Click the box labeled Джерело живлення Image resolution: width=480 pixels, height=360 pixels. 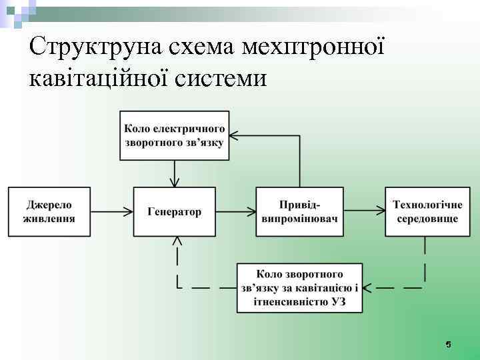click(x=49, y=211)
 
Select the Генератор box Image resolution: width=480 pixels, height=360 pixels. click(x=174, y=211)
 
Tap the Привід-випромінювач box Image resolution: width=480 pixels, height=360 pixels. click(x=299, y=211)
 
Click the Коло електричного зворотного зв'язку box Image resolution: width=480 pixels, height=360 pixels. click(x=175, y=136)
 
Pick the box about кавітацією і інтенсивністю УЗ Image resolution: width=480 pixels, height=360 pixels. click(x=300, y=287)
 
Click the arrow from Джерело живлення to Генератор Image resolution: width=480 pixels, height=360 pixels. click(x=112, y=211)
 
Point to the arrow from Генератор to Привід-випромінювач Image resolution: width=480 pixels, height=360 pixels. click(x=236, y=211)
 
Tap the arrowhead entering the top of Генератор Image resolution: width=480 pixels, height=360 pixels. click(x=175, y=182)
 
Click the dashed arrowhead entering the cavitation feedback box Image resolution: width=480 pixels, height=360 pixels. click(x=369, y=288)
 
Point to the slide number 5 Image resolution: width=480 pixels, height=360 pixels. click(x=448, y=344)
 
